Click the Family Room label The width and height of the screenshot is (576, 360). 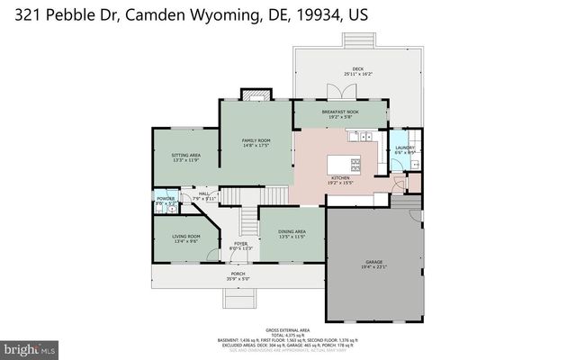click(256, 142)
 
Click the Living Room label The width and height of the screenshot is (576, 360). click(185, 238)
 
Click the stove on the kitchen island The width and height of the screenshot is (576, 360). click(355, 164)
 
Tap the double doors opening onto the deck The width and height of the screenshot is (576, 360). click(336, 92)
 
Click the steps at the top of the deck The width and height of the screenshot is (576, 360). click(357, 40)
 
